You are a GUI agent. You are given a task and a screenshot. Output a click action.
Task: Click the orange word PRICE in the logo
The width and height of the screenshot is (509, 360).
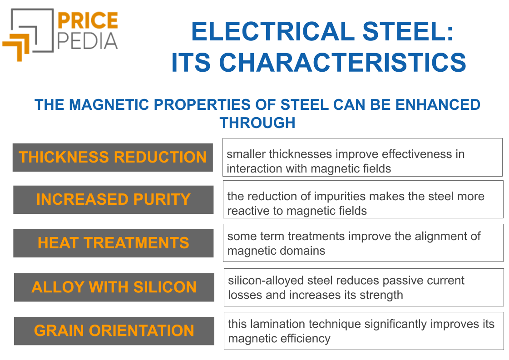click(x=88, y=20)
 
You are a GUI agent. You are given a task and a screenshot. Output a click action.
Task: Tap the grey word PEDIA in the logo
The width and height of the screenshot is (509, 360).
click(x=88, y=41)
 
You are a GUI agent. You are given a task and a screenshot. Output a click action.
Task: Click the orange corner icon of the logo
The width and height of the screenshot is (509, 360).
click(x=16, y=49)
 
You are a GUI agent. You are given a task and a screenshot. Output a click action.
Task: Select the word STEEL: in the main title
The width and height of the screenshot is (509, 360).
click(x=408, y=31)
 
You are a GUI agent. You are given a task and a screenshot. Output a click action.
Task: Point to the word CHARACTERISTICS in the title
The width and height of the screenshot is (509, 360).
click(x=343, y=62)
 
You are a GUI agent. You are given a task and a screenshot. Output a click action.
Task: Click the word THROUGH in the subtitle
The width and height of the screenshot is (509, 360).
click(x=257, y=123)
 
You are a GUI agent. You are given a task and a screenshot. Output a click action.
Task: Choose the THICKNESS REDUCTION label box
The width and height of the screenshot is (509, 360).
click(x=113, y=158)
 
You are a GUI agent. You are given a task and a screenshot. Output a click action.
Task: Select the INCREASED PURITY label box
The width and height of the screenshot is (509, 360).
click(x=114, y=200)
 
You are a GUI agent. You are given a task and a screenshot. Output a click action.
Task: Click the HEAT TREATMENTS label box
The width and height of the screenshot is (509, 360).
click(x=114, y=243)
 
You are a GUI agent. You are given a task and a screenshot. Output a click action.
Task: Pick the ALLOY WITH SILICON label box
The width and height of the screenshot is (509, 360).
click(x=114, y=287)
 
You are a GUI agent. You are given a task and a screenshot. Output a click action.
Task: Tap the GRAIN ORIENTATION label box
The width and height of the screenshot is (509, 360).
click(x=114, y=331)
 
